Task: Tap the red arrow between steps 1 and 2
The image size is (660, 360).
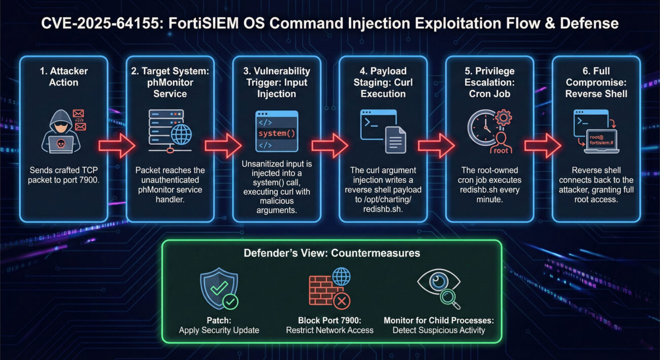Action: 116,146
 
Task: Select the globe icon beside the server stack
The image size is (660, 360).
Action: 181,135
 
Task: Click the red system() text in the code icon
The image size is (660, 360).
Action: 277,134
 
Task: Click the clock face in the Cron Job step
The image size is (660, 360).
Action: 481,127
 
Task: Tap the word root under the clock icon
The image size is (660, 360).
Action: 501,150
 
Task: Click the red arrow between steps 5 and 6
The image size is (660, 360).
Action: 543,146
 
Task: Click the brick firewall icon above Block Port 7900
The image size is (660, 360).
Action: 325,292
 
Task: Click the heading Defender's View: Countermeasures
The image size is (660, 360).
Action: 332,253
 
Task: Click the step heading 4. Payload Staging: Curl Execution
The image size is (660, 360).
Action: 383,82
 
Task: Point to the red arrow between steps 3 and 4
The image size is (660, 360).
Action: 329,146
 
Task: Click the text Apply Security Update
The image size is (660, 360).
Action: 219,330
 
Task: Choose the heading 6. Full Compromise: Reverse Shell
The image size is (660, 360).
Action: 596,82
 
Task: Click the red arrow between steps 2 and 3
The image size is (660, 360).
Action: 223,146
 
